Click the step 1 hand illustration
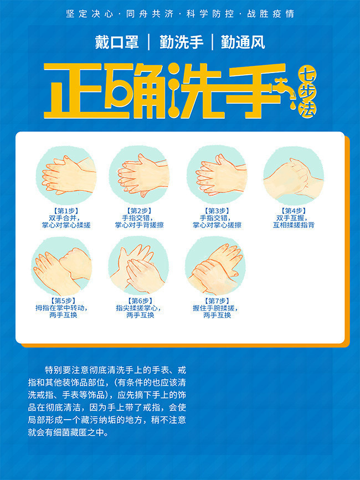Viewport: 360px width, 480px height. (66, 176)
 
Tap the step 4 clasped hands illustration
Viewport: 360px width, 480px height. (294, 176)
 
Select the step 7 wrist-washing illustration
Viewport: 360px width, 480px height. (215, 266)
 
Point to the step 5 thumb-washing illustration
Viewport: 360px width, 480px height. (62, 266)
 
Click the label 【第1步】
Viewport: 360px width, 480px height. (66, 211)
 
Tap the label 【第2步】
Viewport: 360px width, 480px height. (139, 211)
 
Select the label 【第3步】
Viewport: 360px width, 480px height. (217, 211)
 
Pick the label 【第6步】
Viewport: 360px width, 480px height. (140, 301)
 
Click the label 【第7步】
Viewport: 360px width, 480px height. (217, 301)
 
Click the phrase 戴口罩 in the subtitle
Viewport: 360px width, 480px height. (117, 42)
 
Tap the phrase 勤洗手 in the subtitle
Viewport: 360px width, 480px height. (181, 42)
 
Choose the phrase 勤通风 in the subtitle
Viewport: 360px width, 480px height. (243, 42)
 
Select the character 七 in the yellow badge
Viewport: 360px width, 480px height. (307, 74)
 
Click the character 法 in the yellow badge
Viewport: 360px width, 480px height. (307, 110)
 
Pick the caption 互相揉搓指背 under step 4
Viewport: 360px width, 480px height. (294, 225)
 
